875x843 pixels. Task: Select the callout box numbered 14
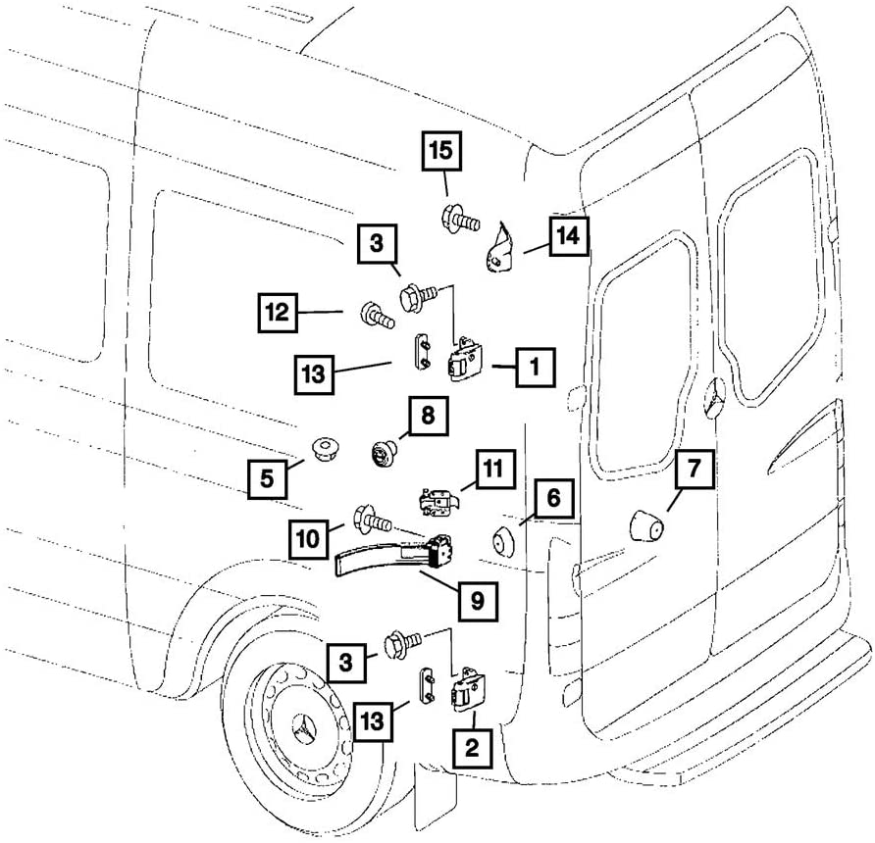(x=568, y=235)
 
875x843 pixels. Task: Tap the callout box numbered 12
(x=279, y=314)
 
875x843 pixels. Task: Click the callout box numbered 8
(x=428, y=417)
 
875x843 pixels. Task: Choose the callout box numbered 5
(x=267, y=479)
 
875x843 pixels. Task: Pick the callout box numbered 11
(x=496, y=469)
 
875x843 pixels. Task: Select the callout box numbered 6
(x=553, y=498)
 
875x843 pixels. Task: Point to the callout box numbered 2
(x=472, y=748)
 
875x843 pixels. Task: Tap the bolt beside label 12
(x=377, y=315)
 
